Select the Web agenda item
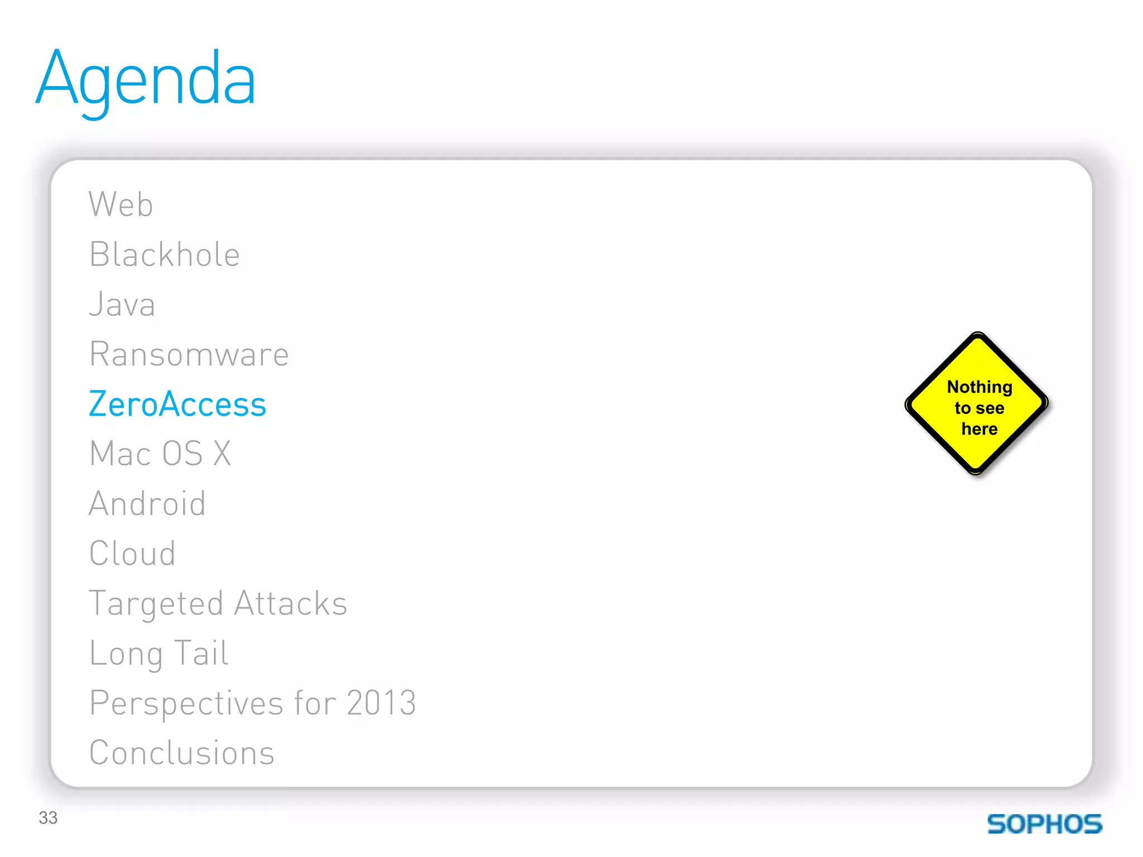coord(121,204)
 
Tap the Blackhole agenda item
coord(165,254)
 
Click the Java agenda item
coord(122,305)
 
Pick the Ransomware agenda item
coord(189,354)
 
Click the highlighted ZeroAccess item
coord(177,404)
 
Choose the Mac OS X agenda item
coord(160,453)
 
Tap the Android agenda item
coord(147,503)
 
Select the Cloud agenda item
coord(132,553)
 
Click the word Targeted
coord(156,604)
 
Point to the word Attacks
coord(291,603)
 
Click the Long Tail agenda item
coord(159,653)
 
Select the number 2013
coord(381,702)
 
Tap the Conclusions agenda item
coord(182,753)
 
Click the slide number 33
coord(48,817)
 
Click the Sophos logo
coord(1044,824)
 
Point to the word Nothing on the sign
coord(979,387)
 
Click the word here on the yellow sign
coord(979,428)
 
